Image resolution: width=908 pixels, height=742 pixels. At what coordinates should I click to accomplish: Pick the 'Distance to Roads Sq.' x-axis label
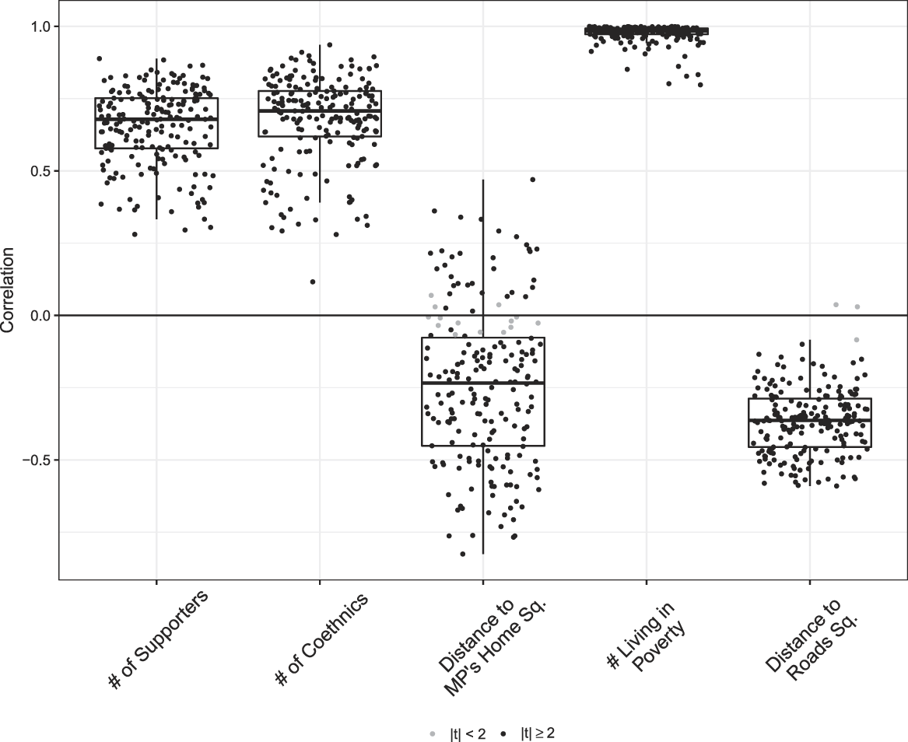pos(809,632)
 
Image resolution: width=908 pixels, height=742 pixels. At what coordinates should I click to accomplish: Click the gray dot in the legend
pos(433,733)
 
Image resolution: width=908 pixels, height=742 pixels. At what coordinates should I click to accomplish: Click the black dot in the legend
pos(504,733)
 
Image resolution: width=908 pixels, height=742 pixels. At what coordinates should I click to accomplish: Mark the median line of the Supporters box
pos(156,120)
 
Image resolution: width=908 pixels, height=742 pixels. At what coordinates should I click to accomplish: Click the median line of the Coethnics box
pos(320,110)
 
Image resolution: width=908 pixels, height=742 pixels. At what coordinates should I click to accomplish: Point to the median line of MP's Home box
pos(483,383)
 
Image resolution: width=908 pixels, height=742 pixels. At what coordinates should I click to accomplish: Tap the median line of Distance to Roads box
pos(810,420)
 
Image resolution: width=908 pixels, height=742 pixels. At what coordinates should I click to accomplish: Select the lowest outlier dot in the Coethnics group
pos(313,282)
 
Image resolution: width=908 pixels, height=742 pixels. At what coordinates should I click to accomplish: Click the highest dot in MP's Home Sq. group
pos(532,180)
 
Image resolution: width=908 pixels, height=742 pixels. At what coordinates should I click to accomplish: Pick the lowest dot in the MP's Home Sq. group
pos(463,554)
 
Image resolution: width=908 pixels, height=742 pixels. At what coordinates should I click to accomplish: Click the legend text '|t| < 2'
pos(468,733)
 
